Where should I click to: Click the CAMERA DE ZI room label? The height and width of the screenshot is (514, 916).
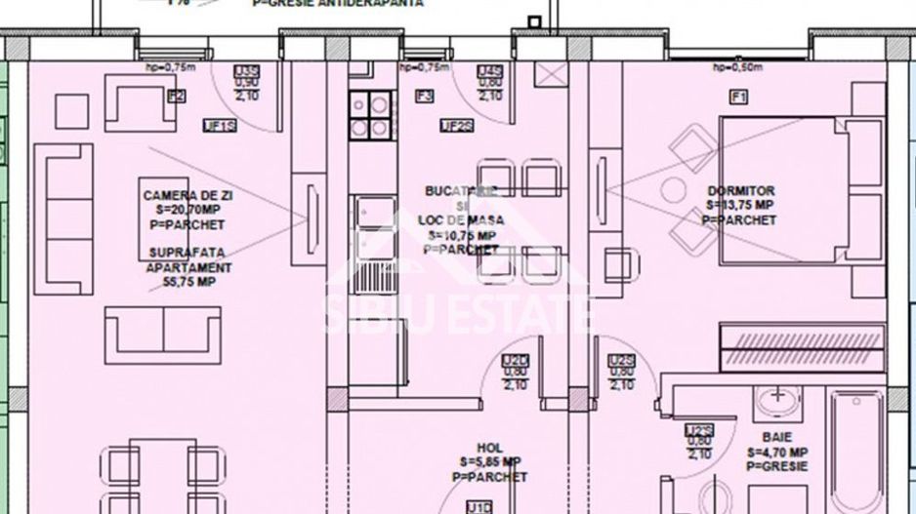click(187, 196)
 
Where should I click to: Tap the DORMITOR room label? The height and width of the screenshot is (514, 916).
click(741, 191)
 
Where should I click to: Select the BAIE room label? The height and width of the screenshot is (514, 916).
click(777, 438)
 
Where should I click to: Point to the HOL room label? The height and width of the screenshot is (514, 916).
click(489, 448)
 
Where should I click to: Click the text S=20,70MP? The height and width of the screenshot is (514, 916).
click(187, 209)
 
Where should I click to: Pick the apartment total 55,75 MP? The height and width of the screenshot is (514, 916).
click(187, 281)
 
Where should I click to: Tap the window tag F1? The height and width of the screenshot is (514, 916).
click(738, 96)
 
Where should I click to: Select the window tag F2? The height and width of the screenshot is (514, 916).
click(176, 96)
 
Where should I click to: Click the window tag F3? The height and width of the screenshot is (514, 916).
click(424, 96)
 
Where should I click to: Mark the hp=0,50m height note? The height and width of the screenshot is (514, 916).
click(735, 67)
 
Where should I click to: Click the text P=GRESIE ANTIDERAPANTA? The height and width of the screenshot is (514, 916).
click(338, 4)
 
